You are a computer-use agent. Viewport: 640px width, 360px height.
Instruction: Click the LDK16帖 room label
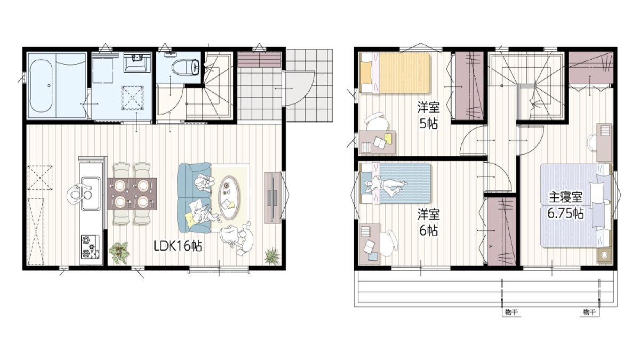(178, 246)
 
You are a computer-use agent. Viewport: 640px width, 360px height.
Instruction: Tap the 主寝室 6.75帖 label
(565, 205)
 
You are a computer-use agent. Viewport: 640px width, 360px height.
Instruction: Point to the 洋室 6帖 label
(429, 222)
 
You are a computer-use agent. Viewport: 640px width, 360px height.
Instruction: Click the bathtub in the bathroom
(41, 86)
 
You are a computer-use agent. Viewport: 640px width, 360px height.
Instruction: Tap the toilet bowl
(186, 68)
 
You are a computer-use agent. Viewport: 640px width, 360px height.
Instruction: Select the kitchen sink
(91, 193)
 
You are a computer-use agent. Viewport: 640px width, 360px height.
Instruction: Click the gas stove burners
(90, 247)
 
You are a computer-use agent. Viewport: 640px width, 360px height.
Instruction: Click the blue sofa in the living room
(194, 198)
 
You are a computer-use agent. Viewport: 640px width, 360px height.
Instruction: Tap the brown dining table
(132, 194)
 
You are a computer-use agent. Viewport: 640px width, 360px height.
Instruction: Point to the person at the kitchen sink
(78, 195)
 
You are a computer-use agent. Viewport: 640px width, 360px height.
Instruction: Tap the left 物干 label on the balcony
(511, 312)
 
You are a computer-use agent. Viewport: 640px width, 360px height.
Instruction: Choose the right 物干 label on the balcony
(589, 312)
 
